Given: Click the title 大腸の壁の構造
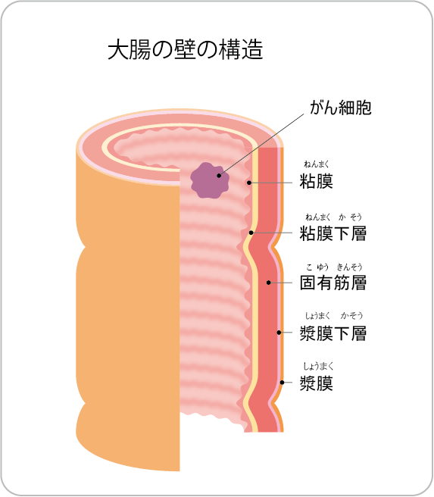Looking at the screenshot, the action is [186, 49].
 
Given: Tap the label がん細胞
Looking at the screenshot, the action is [341, 108].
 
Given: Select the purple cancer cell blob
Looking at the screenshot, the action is [210, 180].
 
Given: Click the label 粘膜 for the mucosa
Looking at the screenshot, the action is [316, 182].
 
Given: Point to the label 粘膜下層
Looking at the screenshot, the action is [333, 233].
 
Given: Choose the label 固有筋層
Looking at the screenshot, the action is [333, 283].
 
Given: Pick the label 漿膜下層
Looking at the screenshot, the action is [333, 333].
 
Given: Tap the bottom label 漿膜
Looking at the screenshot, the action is [316, 383].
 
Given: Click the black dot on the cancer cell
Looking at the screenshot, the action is [219, 175].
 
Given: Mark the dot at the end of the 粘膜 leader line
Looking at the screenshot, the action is [249, 183].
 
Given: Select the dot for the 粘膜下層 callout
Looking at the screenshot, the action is [251, 233].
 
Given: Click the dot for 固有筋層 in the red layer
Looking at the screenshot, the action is [268, 283].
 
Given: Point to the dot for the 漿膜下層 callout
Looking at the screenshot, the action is [279, 333].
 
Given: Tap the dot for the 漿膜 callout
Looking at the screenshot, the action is [282, 383].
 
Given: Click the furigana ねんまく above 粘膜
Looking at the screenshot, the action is [317, 164].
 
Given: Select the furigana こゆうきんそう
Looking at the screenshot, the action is [334, 267].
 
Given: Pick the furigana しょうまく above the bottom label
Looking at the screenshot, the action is [318, 367].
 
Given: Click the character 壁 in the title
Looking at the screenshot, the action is [186, 49].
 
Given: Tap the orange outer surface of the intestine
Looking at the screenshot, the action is [126, 317].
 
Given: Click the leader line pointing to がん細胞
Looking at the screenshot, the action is [261, 145].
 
